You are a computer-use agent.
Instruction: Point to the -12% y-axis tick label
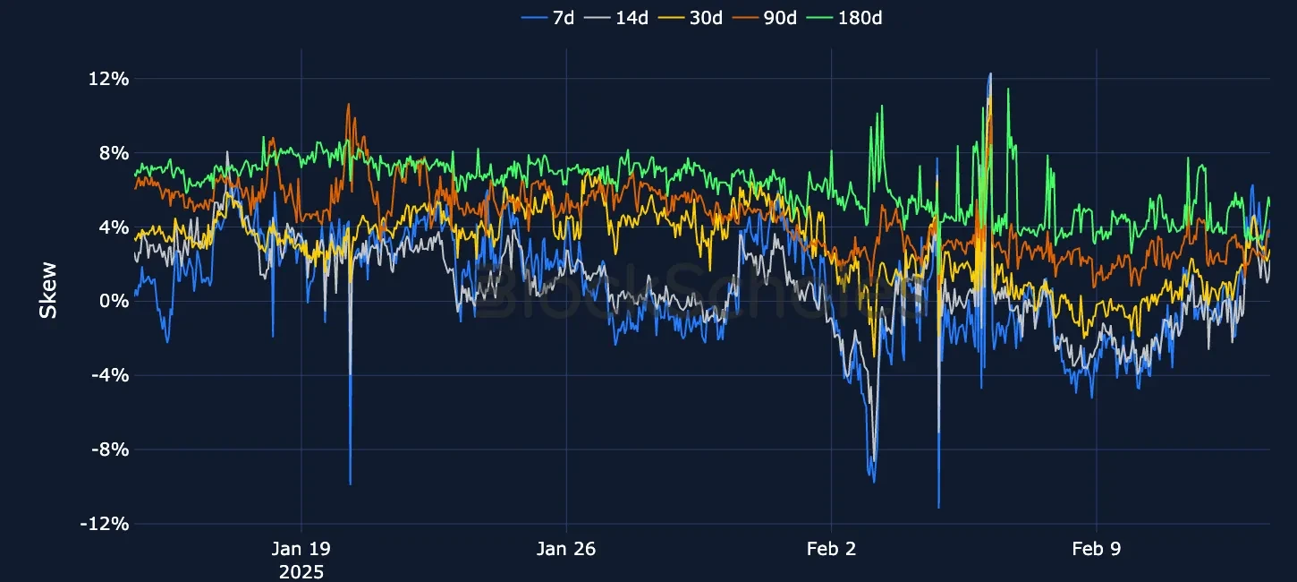(x=105, y=524)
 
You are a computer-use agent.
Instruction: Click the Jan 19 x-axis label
(x=301, y=549)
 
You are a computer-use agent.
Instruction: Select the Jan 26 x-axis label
(x=566, y=549)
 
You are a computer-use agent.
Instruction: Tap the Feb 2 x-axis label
(x=832, y=549)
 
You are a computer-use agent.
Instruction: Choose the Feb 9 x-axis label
(x=1097, y=549)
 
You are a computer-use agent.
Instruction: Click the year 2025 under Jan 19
(x=301, y=571)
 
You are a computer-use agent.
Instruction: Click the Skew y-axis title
(x=48, y=289)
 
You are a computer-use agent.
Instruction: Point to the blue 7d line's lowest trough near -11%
(x=938, y=507)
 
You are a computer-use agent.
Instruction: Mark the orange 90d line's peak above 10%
(x=348, y=105)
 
